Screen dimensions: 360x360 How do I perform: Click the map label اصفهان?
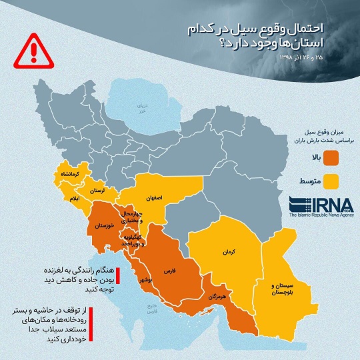coord(152,197)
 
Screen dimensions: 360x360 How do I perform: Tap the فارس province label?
coord(169,272)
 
